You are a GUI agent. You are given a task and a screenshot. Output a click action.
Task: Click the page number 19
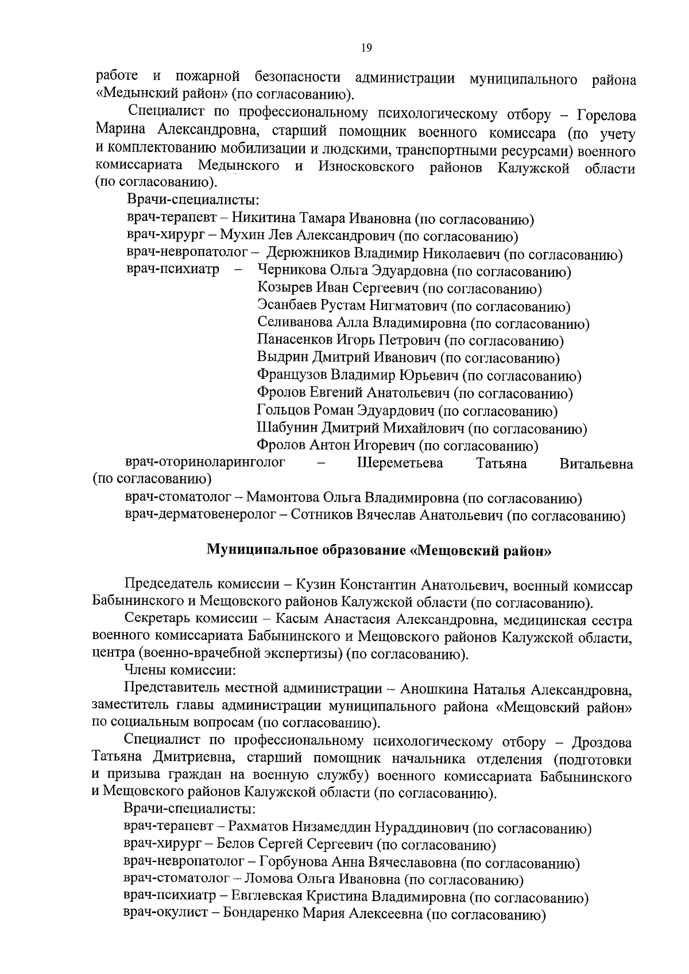[x=367, y=48]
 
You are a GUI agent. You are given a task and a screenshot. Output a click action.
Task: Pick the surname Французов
[x=292, y=376]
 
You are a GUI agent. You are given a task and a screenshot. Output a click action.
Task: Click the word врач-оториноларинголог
[x=205, y=463]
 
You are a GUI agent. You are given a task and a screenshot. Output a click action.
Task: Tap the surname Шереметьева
[x=400, y=463]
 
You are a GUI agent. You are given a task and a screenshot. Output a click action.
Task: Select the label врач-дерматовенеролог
[x=200, y=515]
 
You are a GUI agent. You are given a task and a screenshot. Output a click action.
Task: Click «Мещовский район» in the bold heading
[x=481, y=551]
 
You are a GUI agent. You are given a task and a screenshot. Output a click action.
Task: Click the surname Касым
[x=296, y=620]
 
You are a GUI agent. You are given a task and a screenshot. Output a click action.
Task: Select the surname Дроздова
[x=602, y=742]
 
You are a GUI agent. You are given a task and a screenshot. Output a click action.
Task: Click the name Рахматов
[x=258, y=828]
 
